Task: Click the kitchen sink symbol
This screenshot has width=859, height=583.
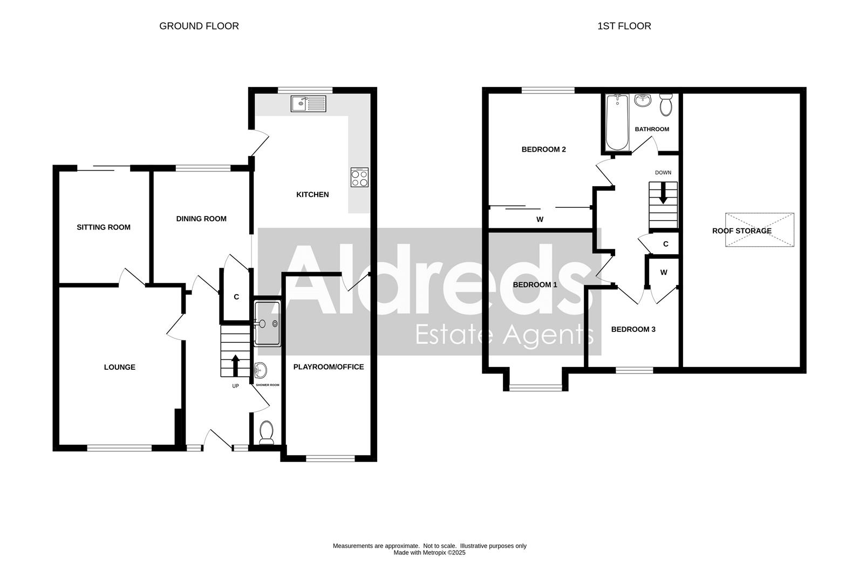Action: (x=309, y=103)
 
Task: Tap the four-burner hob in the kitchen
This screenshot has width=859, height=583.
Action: (x=359, y=178)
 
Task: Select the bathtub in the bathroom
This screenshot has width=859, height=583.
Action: (x=617, y=123)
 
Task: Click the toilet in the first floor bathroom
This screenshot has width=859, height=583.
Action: (x=666, y=104)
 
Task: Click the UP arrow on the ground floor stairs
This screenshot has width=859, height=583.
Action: (x=235, y=365)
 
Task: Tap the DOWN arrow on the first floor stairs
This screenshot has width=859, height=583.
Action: (x=663, y=193)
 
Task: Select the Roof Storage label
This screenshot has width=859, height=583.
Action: (x=741, y=231)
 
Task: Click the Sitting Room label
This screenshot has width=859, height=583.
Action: (x=104, y=227)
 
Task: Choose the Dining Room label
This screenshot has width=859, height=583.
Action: (x=201, y=219)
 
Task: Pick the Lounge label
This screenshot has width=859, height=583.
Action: (x=120, y=367)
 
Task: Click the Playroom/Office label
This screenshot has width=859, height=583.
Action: (x=329, y=367)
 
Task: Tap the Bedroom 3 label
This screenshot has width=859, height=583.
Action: (x=633, y=329)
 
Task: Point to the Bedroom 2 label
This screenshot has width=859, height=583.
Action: (x=543, y=150)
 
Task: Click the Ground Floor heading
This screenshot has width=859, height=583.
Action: (x=199, y=26)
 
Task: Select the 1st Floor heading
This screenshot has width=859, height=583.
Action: (x=624, y=26)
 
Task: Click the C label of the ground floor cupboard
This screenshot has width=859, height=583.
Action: (x=236, y=297)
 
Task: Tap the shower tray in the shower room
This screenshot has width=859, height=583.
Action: (x=267, y=323)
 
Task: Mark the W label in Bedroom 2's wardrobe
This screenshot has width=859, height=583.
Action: (x=540, y=219)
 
